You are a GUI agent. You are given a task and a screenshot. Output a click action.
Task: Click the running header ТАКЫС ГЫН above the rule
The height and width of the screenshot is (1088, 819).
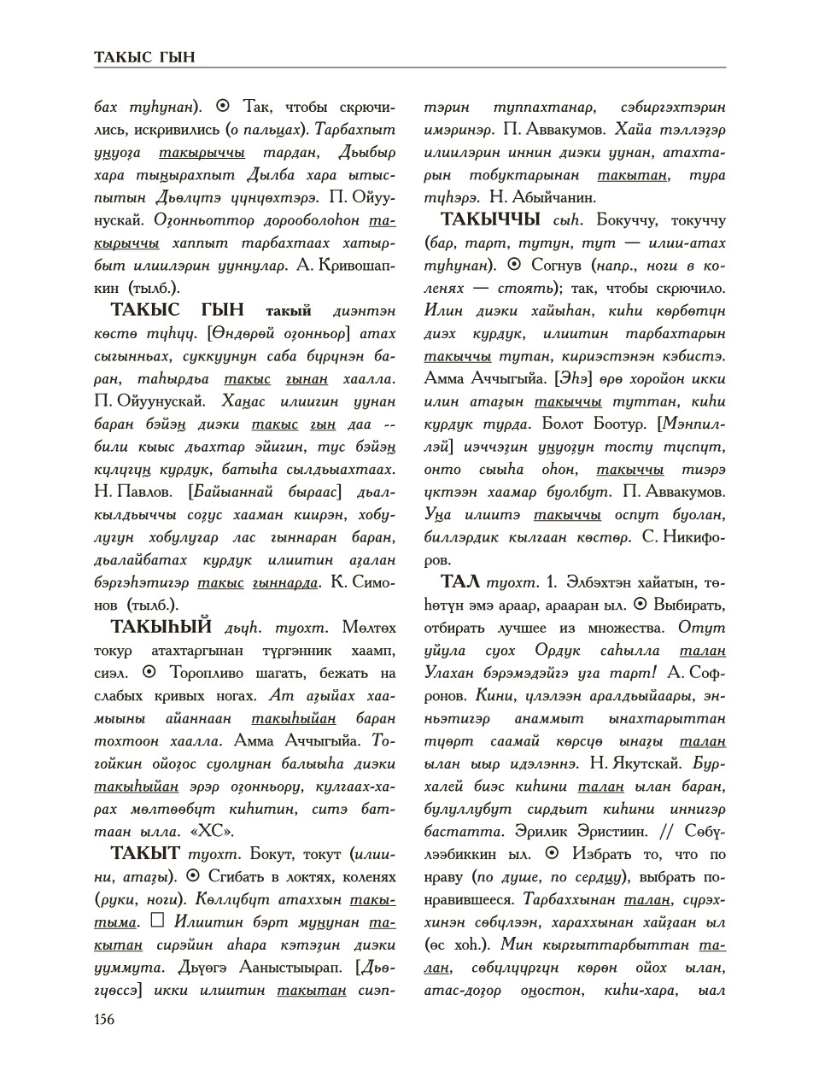144,57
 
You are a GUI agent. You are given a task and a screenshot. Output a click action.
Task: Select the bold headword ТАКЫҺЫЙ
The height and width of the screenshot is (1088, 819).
161,627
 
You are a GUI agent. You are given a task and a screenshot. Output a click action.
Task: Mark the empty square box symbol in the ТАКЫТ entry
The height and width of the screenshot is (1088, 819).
156,921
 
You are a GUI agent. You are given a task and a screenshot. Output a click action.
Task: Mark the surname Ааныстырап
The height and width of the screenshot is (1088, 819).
295,968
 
